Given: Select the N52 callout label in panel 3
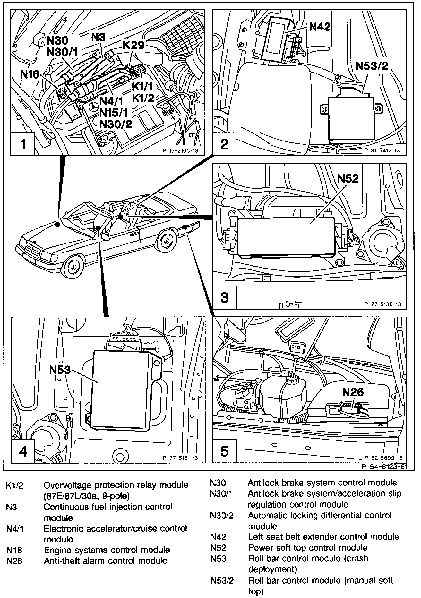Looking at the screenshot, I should [348, 178].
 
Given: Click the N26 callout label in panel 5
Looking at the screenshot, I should [353, 392].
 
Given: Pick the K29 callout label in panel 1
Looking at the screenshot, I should [133, 45].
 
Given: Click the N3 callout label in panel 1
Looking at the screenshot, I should [98, 37].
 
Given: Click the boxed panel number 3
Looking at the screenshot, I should [224, 297].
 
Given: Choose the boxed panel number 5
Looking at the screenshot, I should [224, 451].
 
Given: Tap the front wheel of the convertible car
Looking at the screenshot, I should [74, 267].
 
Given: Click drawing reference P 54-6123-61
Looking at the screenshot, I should [384, 467].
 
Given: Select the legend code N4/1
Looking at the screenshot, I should [15, 529].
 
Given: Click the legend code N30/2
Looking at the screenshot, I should [221, 516].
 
